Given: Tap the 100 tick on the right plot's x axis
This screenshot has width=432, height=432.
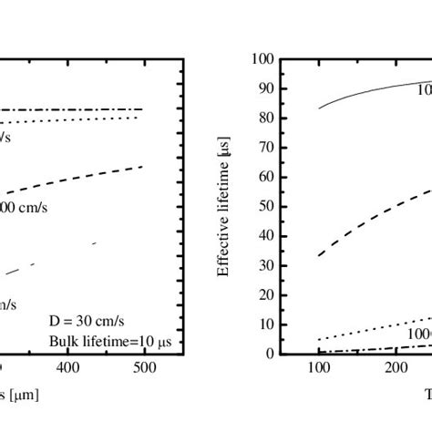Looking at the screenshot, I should pyautogui.click(x=318, y=368).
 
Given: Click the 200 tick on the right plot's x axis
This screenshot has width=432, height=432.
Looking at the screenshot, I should pyautogui.click(x=395, y=368).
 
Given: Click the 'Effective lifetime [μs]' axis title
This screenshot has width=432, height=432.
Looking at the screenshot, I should pyautogui.click(x=223, y=207).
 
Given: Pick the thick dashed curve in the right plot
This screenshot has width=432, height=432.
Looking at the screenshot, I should pyautogui.click(x=365, y=221).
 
